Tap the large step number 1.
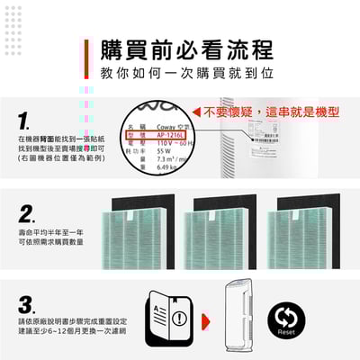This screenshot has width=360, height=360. [24, 120]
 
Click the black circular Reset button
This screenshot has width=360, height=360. [311, 320]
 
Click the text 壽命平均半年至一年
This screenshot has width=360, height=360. [50, 231]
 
